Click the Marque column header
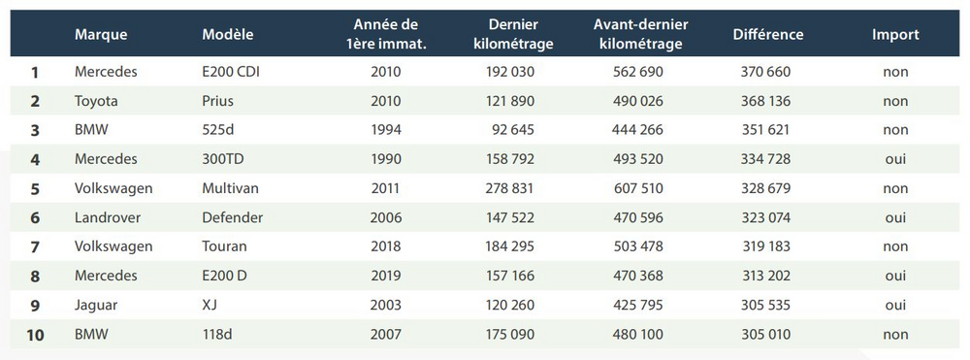tap(101, 34)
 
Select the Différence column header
tap(768, 34)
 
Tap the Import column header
tap(894, 34)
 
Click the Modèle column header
tap(228, 34)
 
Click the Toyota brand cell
tap(98, 101)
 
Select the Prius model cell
tap(218, 101)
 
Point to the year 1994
tap(385, 130)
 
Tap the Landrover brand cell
tap(109, 217)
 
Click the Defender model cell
tap(233, 217)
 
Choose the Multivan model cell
tap(231, 188)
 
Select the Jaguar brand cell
tap(96, 305)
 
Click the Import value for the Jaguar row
tap(894, 305)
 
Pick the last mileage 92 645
tap(511, 130)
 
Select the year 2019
tap(385, 276)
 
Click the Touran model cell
tap(224, 246)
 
